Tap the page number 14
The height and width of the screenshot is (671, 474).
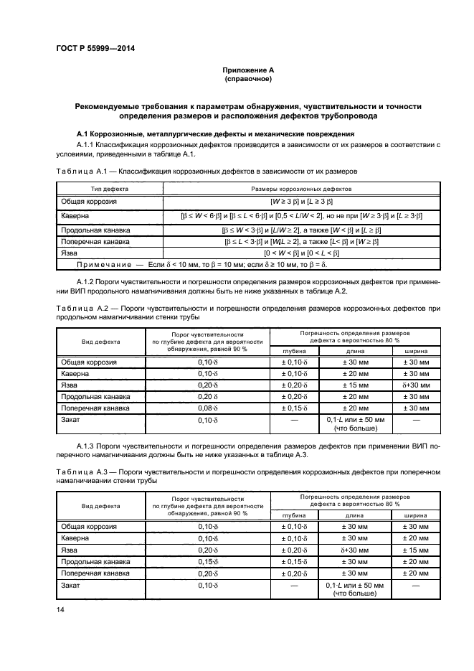[x=61, y=609]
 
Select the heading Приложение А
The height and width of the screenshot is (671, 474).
[x=247, y=70]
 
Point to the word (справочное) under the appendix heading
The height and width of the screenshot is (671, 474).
[x=247, y=79]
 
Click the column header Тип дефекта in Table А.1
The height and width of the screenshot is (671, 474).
[x=110, y=188]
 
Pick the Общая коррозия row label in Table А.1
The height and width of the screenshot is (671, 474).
[x=89, y=202]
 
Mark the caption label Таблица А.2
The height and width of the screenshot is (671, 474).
[x=80, y=309]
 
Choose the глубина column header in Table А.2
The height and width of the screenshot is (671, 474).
[x=295, y=351]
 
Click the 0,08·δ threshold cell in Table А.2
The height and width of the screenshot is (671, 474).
[x=207, y=407]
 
